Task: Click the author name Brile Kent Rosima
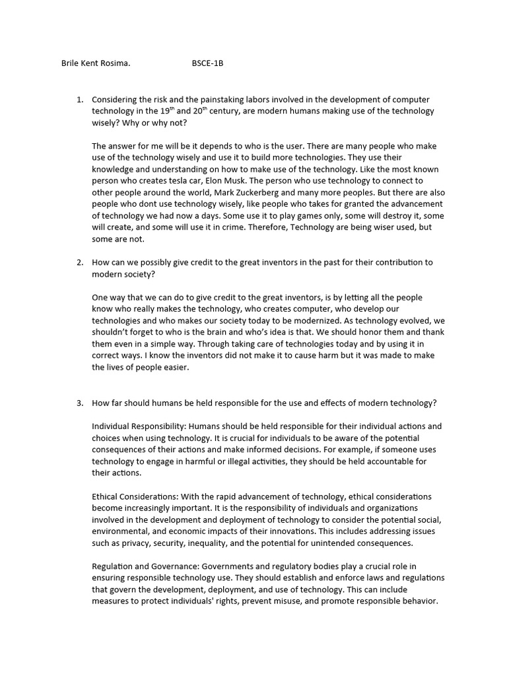point(96,63)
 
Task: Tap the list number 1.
point(79,100)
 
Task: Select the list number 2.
point(79,262)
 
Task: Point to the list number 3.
point(79,403)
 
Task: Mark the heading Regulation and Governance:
point(145,566)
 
